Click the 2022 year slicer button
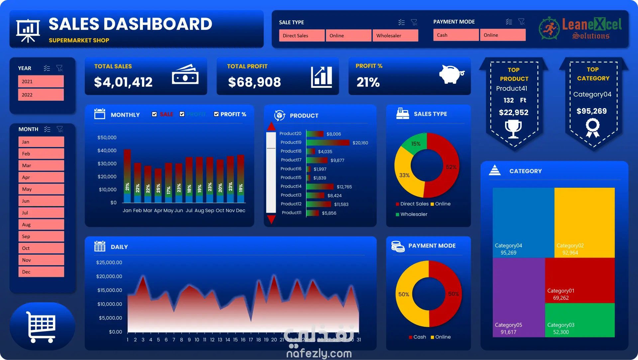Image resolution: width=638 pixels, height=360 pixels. click(x=41, y=95)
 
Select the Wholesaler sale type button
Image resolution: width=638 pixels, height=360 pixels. click(x=395, y=36)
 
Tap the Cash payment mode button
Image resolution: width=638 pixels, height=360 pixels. click(x=456, y=35)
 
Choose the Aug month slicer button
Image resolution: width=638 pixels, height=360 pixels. click(x=41, y=225)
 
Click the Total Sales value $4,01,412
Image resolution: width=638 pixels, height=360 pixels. click(x=123, y=82)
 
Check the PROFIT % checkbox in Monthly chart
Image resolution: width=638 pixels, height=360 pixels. click(x=216, y=114)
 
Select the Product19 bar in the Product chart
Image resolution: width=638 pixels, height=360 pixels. click(x=328, y=143)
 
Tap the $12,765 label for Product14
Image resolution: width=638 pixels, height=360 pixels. click(x=344, y=187)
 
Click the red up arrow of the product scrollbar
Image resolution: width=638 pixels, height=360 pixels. click(x=271, y=127)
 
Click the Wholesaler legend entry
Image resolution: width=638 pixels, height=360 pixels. click(x=413, y=214)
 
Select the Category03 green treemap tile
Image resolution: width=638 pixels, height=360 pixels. click(x=580, y=320)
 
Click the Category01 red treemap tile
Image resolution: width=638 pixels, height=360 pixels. click(x=580, y=280)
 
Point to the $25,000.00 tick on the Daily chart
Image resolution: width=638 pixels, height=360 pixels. click(x=109, y=263)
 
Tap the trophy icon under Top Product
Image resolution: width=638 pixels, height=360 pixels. click(x=513, y=129)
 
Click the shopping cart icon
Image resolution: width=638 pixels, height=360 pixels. click(x=42, y=326)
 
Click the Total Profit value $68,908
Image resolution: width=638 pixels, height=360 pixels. click(x=254, y=82)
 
